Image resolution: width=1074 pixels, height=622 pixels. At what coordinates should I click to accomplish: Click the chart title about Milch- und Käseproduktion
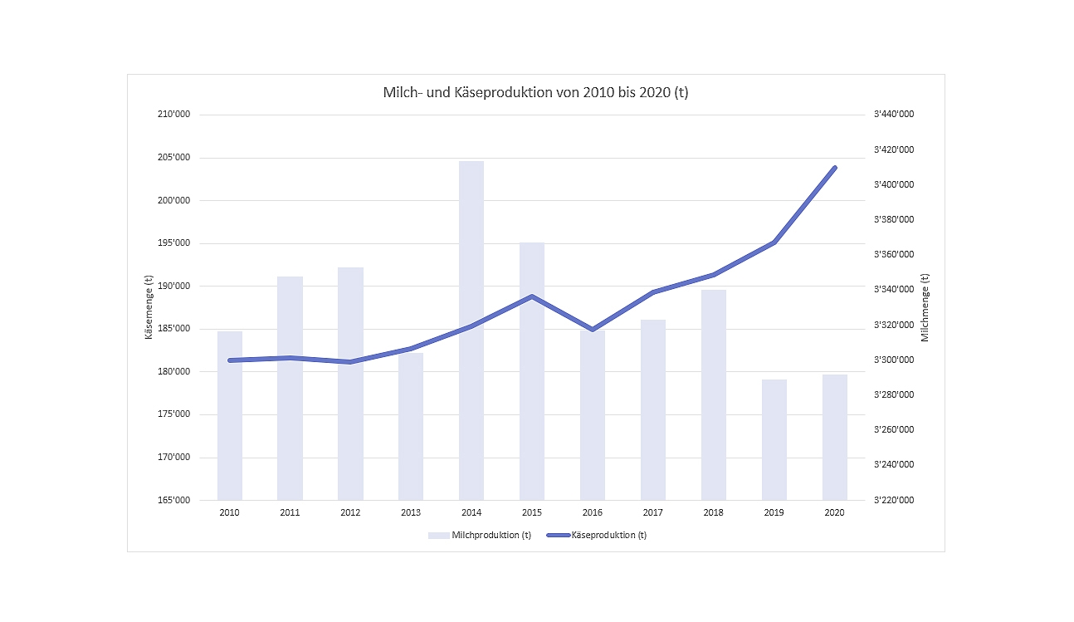[535, 92]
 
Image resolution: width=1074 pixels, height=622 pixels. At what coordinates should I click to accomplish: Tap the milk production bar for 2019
[774, 439]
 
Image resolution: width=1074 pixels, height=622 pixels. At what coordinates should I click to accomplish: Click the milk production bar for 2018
[714, 394]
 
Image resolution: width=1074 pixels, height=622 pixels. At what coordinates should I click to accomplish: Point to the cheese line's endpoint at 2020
[835, 168]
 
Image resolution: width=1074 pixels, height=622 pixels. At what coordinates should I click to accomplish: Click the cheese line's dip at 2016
[593, 330]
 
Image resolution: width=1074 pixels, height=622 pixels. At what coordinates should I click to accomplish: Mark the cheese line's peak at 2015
[532, 296]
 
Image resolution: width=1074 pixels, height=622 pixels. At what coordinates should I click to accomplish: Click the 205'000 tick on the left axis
[173, 158]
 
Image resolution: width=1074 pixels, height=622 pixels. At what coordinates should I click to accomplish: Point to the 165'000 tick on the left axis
[173, 500]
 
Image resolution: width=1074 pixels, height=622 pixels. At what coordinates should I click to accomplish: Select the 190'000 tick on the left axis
[173, 286]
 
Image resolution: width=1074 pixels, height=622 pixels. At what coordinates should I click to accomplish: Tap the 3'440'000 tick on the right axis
[894, 115]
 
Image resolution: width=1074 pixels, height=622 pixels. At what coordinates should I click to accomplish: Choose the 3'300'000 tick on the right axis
[894, 360]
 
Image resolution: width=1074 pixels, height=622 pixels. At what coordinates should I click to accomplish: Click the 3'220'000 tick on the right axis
[894, 500]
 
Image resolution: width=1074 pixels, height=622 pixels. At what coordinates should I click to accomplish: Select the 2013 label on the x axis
[411, 512]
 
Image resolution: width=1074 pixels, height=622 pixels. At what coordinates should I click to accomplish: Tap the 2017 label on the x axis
[653, 512]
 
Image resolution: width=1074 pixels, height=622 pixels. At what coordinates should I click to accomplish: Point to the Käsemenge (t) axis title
[149, 307]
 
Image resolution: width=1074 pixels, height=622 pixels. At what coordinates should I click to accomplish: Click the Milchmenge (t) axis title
[925, 307]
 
